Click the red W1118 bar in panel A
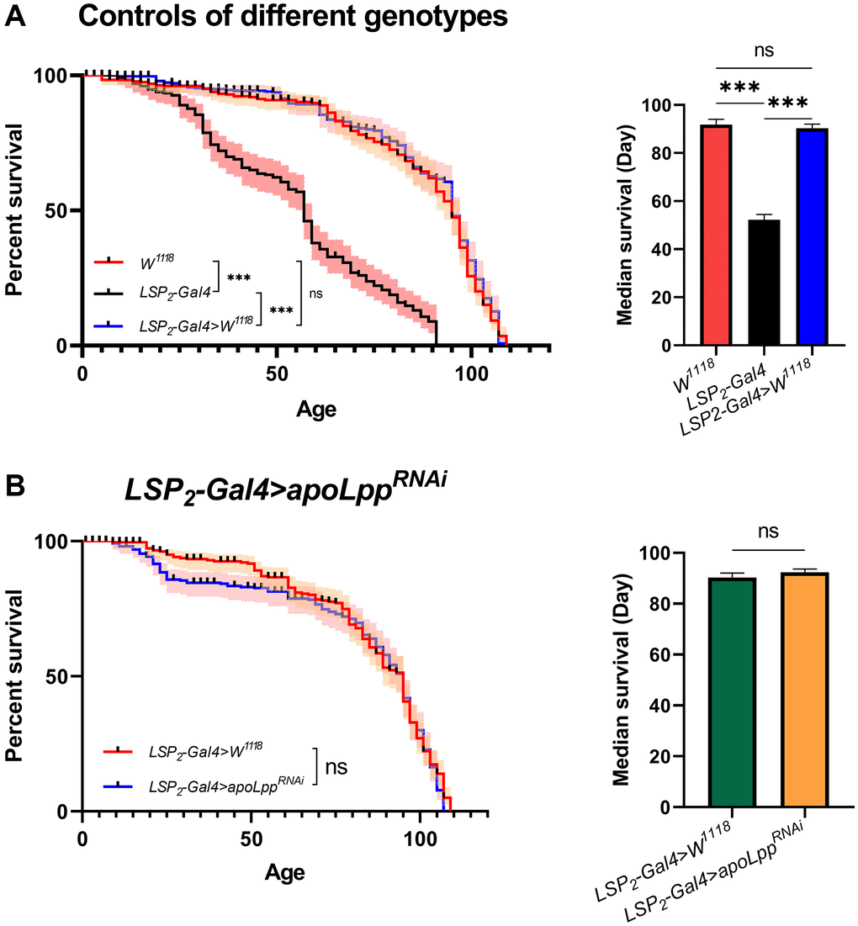coord(715,235)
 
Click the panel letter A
coord(17,19)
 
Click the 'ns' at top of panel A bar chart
coord(764,51)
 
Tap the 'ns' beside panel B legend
coord(336,767)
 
